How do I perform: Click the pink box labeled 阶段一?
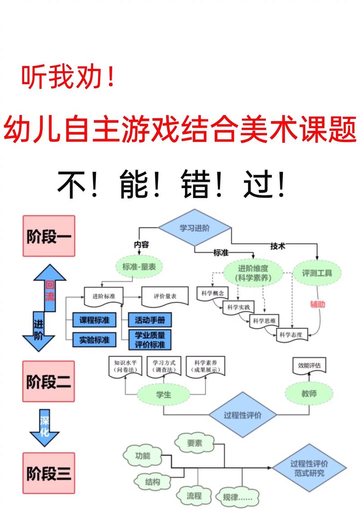click(x=49, y=236)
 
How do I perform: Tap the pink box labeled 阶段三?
click(x=49, y=473)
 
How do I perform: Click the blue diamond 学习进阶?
click(x=194, y=228)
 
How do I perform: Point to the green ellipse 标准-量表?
click(x=139, y=266)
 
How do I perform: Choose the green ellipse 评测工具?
click(x=317, y=273)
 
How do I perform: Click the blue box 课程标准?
click(x=94, y=320)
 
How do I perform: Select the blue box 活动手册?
click(x=150, y=320)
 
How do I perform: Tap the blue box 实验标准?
click(x=94, y=340)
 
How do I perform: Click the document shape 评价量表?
click(x=165, y=297)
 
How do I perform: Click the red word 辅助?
click(x=317, y=304)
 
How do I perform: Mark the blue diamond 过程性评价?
click(x=243, y=415)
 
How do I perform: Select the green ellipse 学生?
click(x=164, y=395)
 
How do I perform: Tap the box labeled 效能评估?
click(x=309, y=365)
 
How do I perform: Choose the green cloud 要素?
click(x=195, y=443)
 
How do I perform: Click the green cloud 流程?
click(x=194, y=496)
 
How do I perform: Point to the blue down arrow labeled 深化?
click(x=45, y=427)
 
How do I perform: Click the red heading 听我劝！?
click(x=67, y=77)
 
